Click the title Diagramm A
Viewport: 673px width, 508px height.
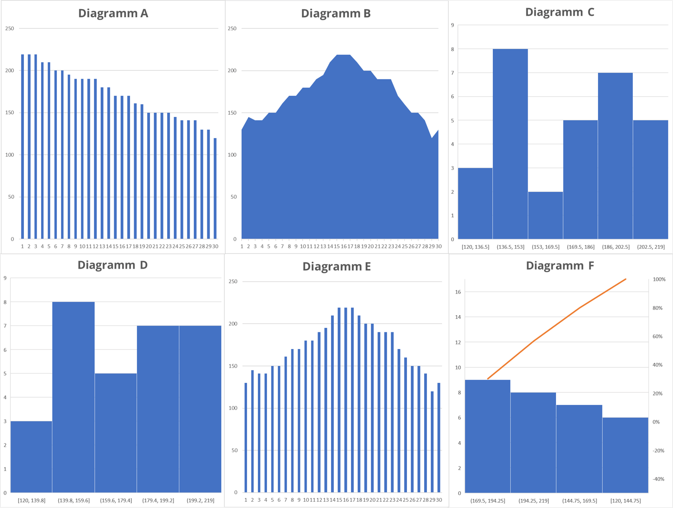pyautogui.click(x=113, y=13)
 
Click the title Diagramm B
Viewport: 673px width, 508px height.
pyautogui.click(x=336, y=14)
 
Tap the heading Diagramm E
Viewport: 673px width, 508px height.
pyautogui.click(x=336, y=266)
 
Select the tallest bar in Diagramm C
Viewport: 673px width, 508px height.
pyautogui.click(x=510, y=144)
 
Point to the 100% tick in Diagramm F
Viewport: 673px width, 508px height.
pyautogui.click(x=659, y=280)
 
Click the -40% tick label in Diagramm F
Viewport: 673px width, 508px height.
pyautogui.click(x=659, y=479)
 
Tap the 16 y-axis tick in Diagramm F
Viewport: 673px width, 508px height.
pyautogui.click(x=458, y=292)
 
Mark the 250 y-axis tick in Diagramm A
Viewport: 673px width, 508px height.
pyautogui.click(x=9, y=28)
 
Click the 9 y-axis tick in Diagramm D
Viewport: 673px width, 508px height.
pyautogui.click(x=5, y=278)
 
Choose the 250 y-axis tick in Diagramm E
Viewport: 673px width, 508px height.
pyautogui.click(x=233, y=282)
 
